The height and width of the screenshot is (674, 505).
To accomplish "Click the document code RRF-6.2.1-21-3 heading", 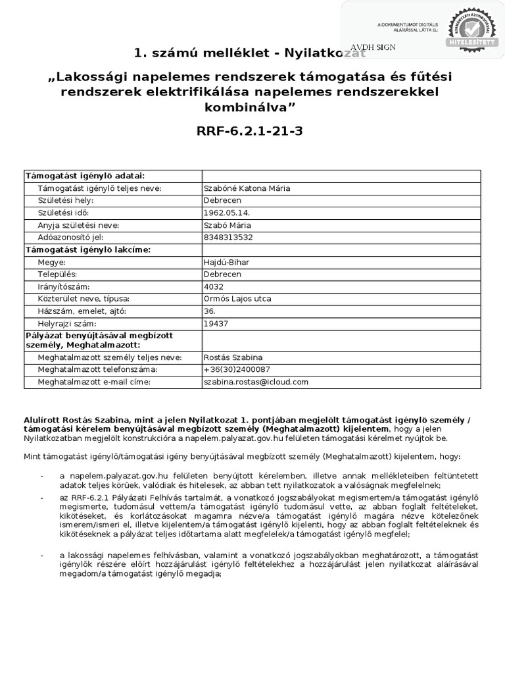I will pos(249,131).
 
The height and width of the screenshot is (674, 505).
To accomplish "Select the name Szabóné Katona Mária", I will pos(247,188).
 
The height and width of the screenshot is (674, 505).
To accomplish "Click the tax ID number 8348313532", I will pos(228,237).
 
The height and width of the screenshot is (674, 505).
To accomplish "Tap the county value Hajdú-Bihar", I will pos(227,262).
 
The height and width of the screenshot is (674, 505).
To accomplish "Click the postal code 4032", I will pos(214,286).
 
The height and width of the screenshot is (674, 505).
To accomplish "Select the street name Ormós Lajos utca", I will pos(238,298).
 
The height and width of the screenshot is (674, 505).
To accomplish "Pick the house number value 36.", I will pos(210,311).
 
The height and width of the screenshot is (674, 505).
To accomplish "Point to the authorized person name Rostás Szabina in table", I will pos(233,357).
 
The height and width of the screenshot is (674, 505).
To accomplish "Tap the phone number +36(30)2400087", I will pos(237,369).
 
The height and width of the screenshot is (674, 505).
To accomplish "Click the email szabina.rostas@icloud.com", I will pos(256,382).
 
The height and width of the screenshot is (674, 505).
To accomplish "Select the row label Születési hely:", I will pos(66,200).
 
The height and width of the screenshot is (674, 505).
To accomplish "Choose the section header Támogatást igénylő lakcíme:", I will pos(87,249).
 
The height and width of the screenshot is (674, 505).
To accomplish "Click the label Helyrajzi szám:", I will pos(67,323).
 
